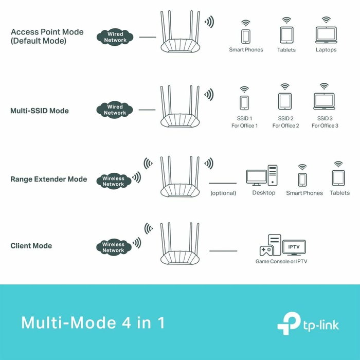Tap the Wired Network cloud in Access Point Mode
click(115, 37)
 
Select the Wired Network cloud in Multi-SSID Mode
click(115, 110)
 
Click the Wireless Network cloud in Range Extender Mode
click(113, 181)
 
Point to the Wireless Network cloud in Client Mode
click(113, 247)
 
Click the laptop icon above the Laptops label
click(326, 35)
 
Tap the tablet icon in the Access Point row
click(286, 35)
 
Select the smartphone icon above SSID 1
click(244, 102)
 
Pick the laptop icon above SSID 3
click(324, 100)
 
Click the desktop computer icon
click(262, 176)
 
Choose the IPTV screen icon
click(294, 247)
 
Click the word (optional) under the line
click(223, 193)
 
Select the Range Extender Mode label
click(49, 179)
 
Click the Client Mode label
click(31, 246)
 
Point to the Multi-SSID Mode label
click(40, 111)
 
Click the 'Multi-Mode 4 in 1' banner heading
click(93, 323)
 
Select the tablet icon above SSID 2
click(285, 100)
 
